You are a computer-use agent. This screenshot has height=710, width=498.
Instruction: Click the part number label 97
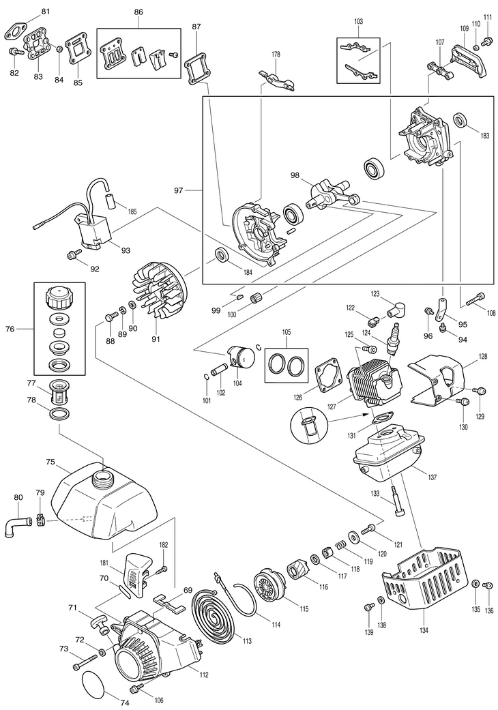(x=179, y=190)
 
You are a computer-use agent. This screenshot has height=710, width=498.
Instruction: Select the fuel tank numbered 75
(x=105, y=495)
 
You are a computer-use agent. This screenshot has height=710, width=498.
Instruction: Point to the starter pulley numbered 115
(x=271, y=589)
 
